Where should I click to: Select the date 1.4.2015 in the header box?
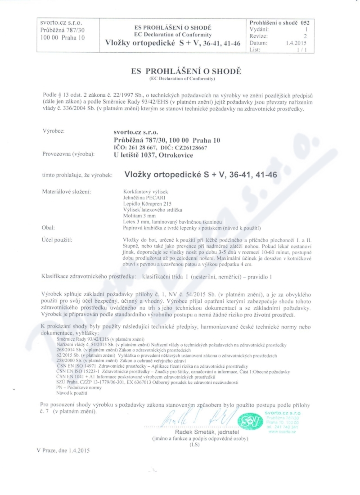(296, 43)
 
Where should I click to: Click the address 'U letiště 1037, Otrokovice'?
(154, 155)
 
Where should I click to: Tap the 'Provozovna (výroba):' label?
(68, 155)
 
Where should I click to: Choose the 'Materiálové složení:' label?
(66, 192)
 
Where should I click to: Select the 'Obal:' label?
(48, 228)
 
